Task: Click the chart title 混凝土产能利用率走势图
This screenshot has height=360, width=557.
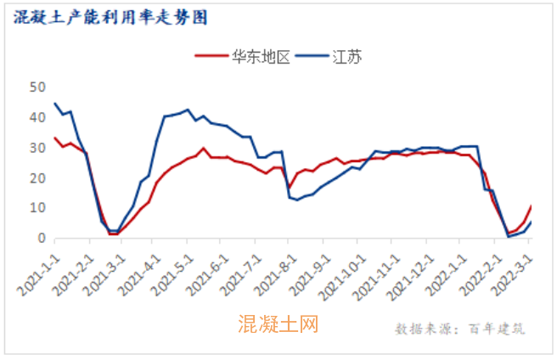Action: point(110,17)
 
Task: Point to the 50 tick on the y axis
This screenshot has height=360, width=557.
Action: point(37,87)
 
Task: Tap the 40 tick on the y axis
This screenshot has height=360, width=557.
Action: point(37,118)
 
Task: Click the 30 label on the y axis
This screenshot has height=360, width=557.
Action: point(37,148)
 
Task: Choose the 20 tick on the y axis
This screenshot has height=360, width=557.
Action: point(37,178)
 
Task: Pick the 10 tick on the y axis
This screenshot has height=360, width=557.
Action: point(37,208)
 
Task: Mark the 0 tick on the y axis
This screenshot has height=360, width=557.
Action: point(40,239)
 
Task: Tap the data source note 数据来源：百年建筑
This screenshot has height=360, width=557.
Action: point(459,329)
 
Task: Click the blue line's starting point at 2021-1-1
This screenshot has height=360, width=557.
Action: point(55,104)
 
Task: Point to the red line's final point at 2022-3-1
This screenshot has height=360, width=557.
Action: point(532,206)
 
